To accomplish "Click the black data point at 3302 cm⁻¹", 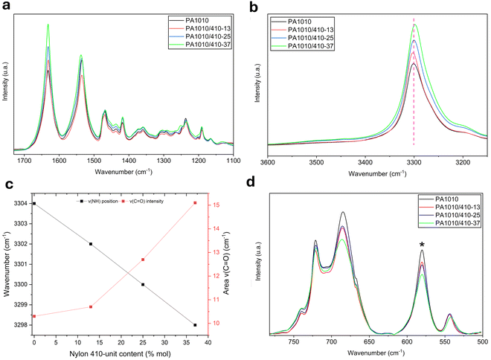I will pos(91,244).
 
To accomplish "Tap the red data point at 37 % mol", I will pos(195,203).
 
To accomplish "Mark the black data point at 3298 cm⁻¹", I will pos(195,325).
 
